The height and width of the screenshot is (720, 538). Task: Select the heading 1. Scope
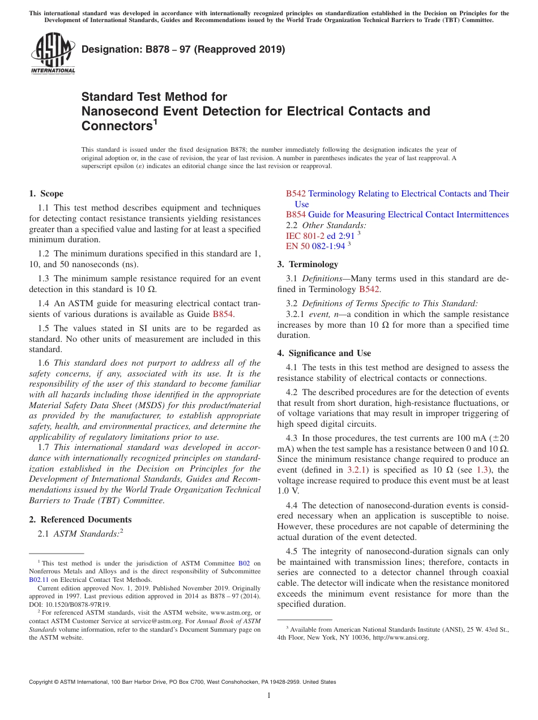click(46, 194)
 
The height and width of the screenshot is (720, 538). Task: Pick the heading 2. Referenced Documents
click(80, 520)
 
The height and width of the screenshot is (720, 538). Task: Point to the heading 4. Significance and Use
click(324, 353)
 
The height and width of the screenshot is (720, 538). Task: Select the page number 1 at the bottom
click(269, 695)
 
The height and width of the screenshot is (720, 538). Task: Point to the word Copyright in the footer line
click(41, 682)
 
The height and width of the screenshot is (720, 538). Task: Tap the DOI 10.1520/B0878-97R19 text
click(69, 604)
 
